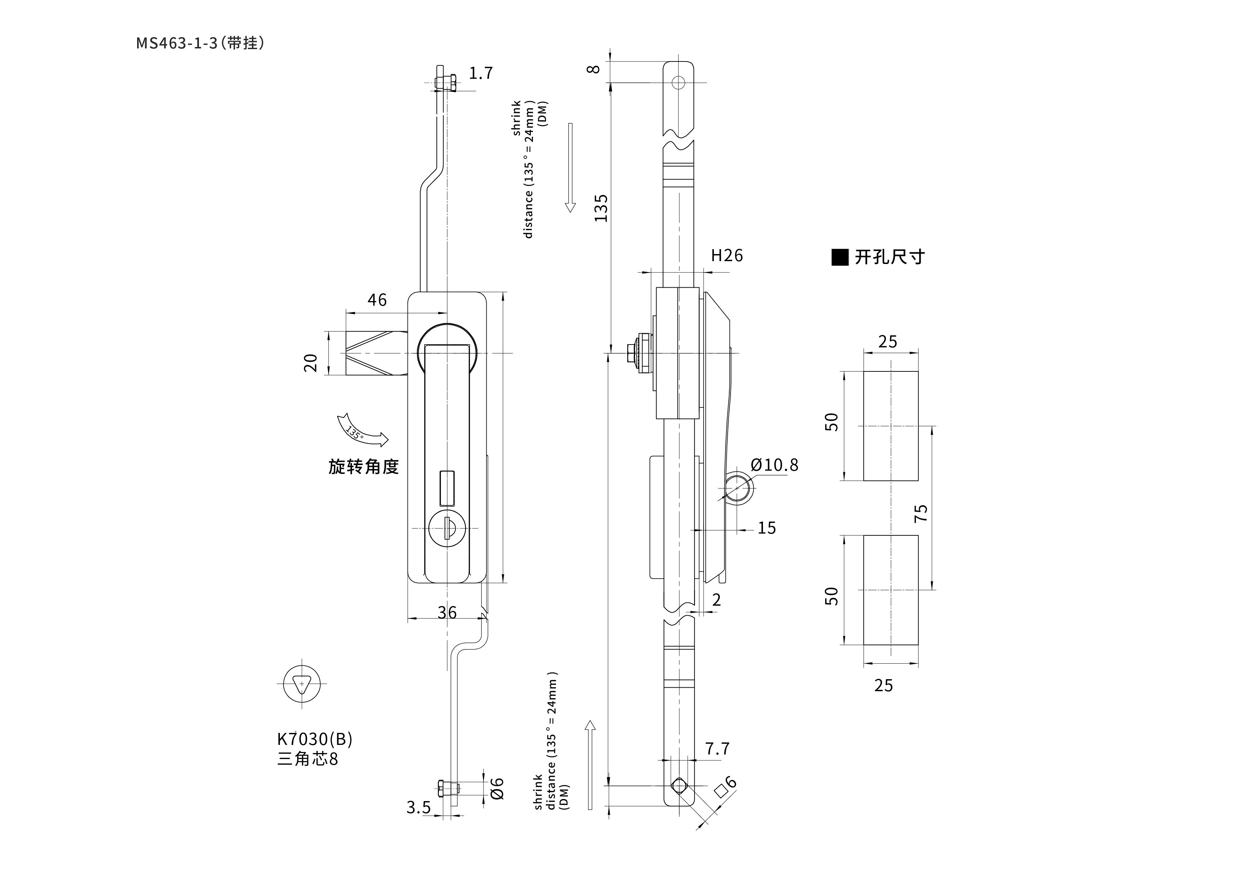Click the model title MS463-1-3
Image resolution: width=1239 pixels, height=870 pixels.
pyautogui.click(x=177, y=43)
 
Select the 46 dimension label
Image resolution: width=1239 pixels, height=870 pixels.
pyautogui.click(x=377, y=300)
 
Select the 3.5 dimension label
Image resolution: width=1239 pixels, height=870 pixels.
pyautogui.click(x=419, y=807)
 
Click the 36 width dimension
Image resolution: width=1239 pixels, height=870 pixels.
pyautogui.click(x=447, y=612)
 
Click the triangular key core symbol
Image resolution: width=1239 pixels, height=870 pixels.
pyautogui.click(x=302, y=684)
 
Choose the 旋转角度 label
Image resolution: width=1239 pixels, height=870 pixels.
pyautogui.click(x=364, y=466)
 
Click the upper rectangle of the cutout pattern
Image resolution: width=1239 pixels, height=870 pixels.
pyautogui.click(x=891, y=426)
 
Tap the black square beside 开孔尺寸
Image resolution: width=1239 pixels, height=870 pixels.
pyautogui.click(x=840, y=258)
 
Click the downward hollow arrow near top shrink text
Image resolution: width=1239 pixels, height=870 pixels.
pyautogui.click(x=570, y=167)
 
